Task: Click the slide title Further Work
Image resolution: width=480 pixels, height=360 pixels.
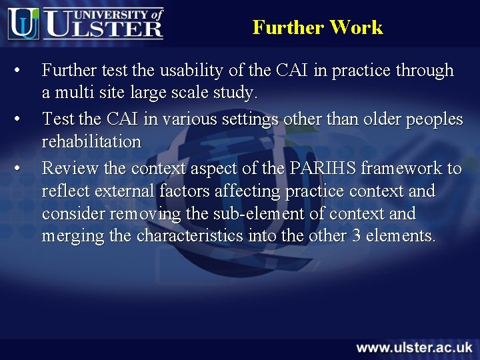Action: point(317,27)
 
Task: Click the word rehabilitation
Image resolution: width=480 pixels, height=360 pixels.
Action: point(91,141)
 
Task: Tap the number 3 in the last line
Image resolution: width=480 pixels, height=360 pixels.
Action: point(368,236)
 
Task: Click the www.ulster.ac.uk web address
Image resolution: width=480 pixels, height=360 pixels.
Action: point(414,347)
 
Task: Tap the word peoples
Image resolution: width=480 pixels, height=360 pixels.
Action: point(435,119)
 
